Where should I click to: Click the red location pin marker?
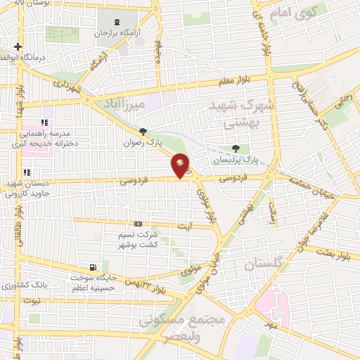[x=181, y=165]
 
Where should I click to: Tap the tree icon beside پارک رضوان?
[x=143, y=131]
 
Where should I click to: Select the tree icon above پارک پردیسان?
[x=236, y=148]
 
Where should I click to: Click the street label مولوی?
[x=191, y=269]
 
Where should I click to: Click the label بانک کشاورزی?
[x=24, y=287]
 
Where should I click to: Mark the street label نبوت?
[x=34, y=300]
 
